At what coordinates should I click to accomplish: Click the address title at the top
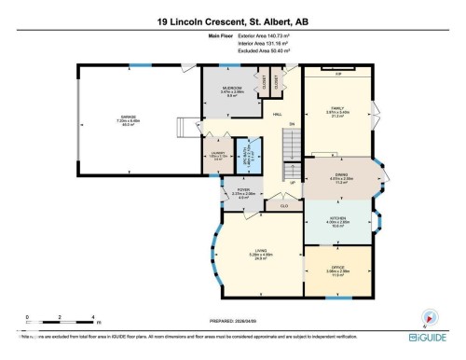click(232, 21)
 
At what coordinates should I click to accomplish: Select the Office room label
click(335, 271)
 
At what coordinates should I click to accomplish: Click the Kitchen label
click(337, 223)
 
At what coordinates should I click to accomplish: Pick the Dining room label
click(340, 178)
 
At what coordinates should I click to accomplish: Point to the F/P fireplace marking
click(338, 73)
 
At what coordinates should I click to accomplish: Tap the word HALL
click(277, 115)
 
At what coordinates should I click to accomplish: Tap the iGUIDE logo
click(430, 339)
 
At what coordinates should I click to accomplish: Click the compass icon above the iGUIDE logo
click(429, 316)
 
